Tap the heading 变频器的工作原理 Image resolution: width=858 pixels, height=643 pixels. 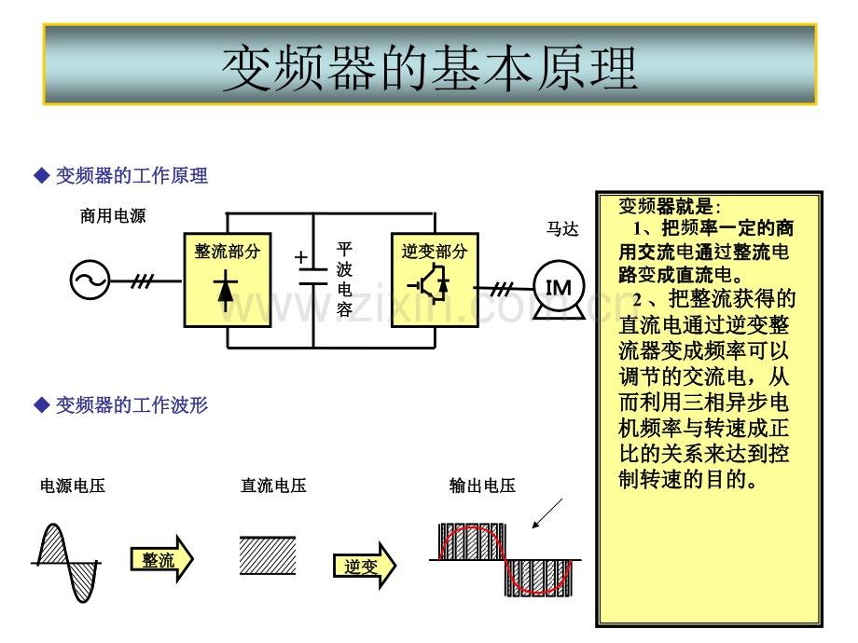(131, 175)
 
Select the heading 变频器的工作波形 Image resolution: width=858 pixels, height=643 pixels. (131, 405)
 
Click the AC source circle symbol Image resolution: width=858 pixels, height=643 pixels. (90, 280)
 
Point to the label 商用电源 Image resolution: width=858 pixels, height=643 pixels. (113, 216)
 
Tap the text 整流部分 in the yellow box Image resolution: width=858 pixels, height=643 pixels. (227, 252)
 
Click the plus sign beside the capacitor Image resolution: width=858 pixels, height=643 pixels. (301, 257)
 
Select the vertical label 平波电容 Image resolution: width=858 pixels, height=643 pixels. (344, 280)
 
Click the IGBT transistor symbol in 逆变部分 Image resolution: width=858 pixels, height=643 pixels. (431, 283)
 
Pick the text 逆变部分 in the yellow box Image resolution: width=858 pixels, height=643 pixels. (435, 252)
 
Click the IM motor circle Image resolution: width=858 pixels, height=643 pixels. (559, 286)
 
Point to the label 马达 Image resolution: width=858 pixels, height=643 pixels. (562, 228)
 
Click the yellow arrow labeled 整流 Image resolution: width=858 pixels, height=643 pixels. (162, 559)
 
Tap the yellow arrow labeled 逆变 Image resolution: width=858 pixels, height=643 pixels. (365, 566)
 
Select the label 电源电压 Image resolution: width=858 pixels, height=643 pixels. (73, 486)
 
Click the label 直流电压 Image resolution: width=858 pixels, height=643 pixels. (273, 486)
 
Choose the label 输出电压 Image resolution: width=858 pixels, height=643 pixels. (482, 486)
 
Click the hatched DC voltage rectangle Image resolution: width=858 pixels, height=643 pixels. (268, 555)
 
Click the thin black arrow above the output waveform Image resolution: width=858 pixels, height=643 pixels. (547, 513)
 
